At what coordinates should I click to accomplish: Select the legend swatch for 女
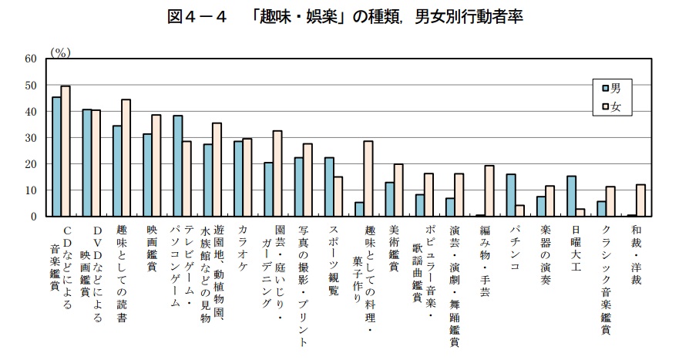605,108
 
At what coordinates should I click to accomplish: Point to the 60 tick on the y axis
30,59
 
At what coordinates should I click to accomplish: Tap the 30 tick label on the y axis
30,138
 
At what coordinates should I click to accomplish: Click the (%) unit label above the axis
60,52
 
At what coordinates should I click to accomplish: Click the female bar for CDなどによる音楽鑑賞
66,151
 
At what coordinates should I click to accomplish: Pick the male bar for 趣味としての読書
117,171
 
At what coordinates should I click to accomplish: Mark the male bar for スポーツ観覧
329,187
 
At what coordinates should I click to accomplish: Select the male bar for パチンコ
510,195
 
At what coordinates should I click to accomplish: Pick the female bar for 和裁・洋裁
640,200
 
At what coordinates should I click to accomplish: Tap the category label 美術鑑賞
394,247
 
